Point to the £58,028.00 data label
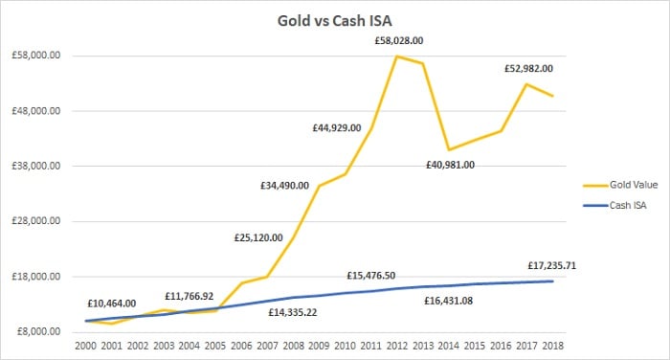[x=398, y=41]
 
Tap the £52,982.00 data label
[x=529, y=69]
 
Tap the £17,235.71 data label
[x=553, y=266]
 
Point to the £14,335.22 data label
[x=293, y=312]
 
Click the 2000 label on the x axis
[x=86, y=345]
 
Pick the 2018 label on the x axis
[x=552, y=345]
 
